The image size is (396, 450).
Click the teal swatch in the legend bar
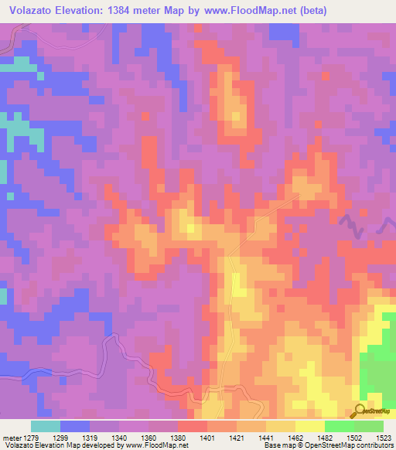(46, 426)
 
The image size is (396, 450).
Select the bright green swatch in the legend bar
(339, 426)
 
